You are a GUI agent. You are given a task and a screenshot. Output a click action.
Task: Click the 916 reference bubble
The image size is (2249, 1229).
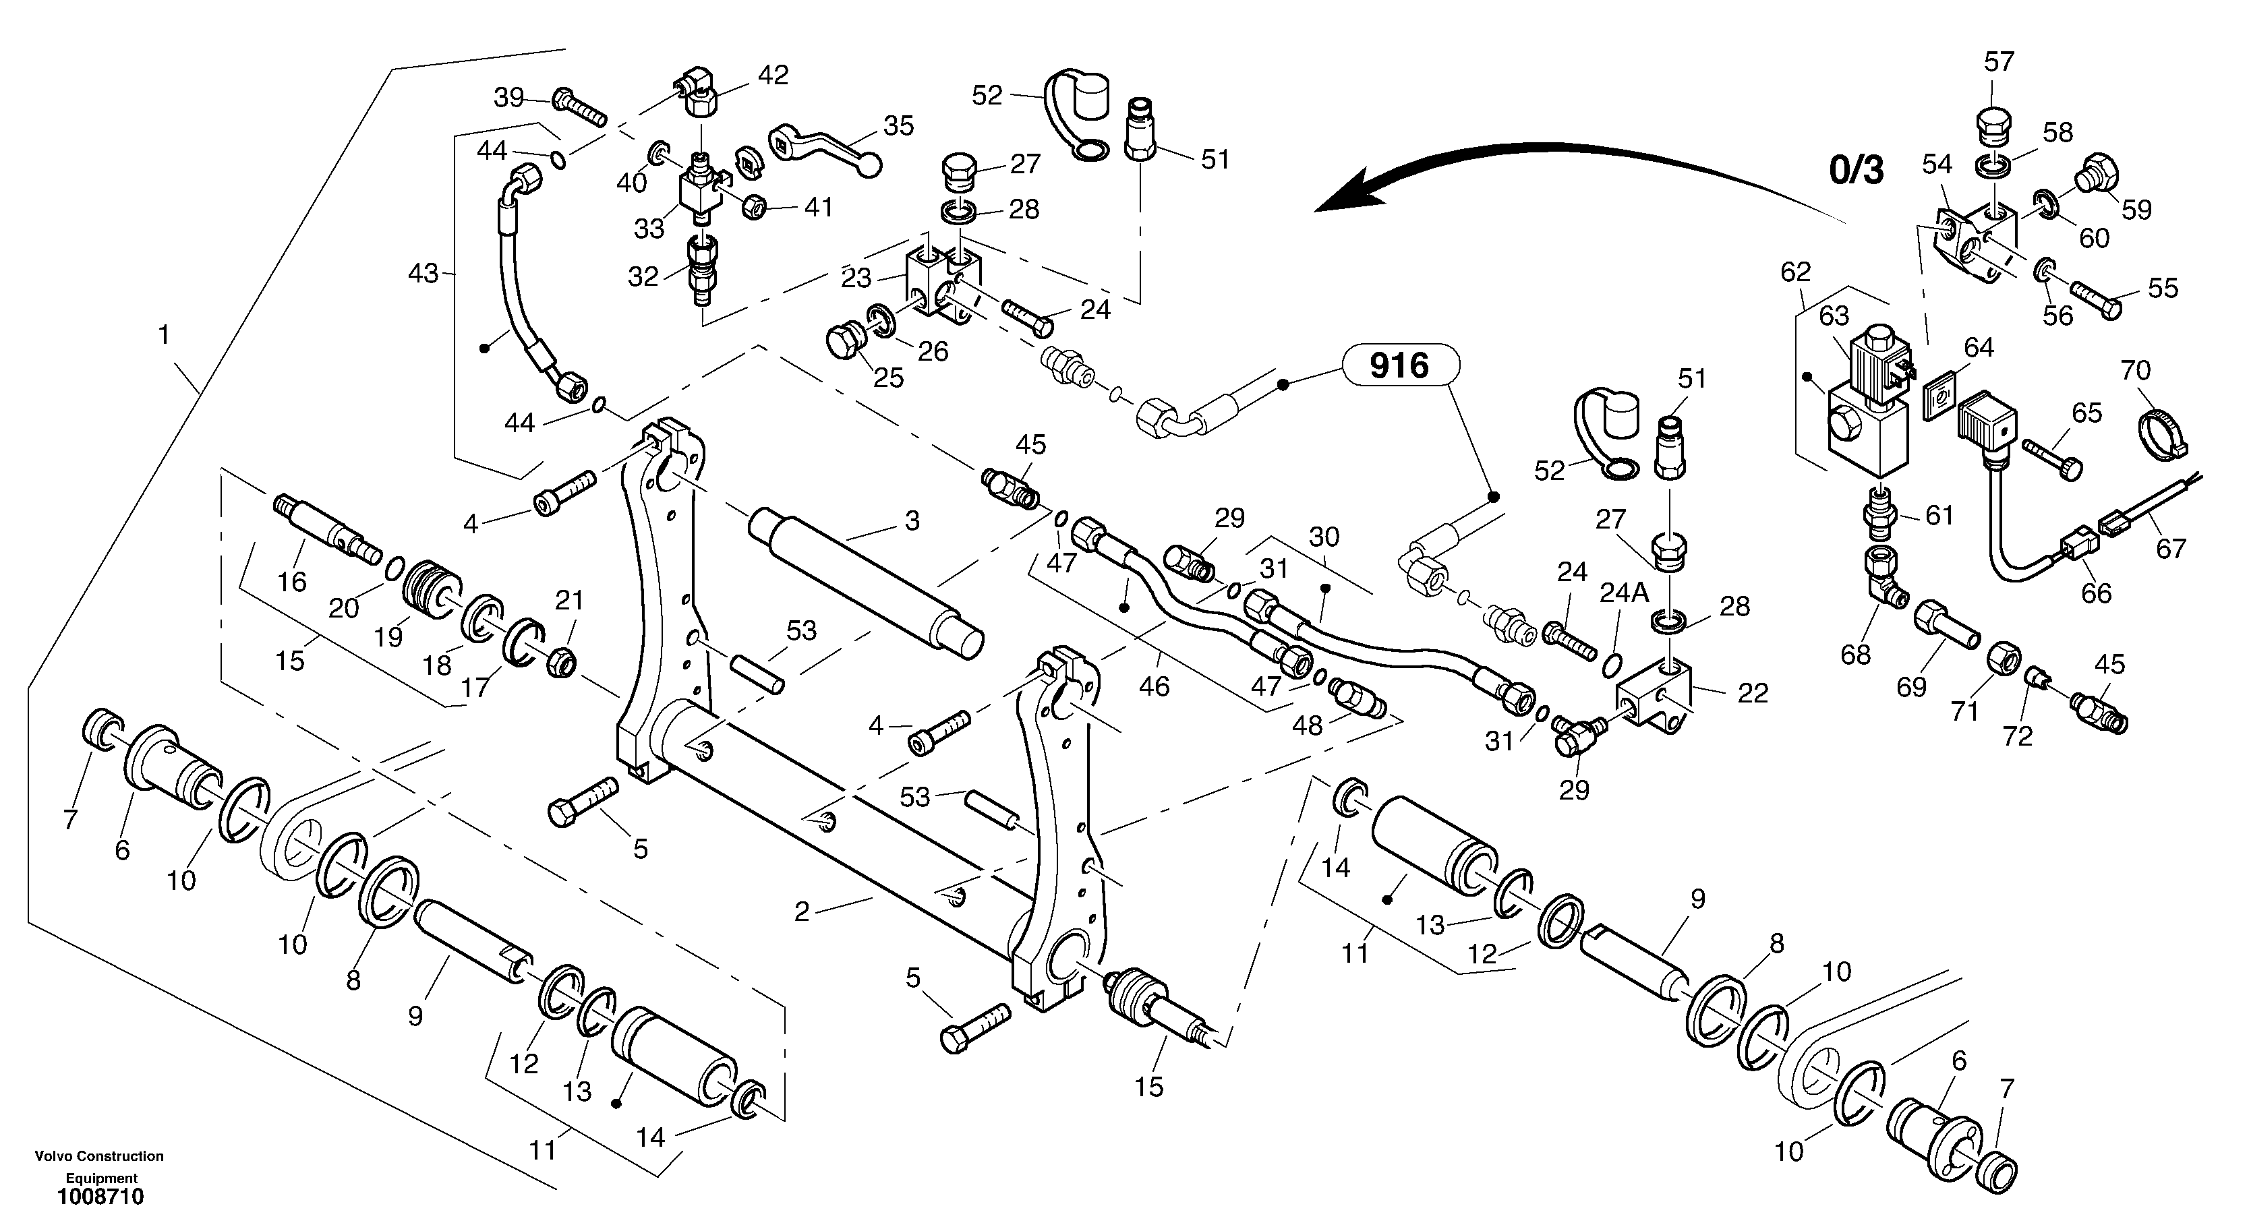click(x=1399, y=365)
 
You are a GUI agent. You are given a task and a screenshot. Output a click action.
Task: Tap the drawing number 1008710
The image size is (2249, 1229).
click(x=100, y=1197)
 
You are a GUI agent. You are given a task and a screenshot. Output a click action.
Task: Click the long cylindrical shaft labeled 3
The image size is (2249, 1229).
click(x=865, y=577)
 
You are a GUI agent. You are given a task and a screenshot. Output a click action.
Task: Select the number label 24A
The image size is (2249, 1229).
click(x=1624, y=593)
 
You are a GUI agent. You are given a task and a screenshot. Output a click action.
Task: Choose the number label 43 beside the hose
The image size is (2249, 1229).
click(x=423, y=274)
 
